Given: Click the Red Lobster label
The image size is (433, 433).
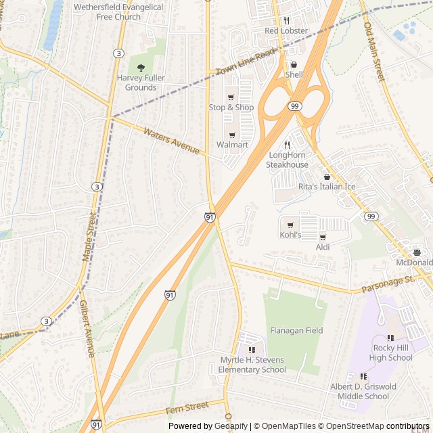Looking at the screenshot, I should point(286,31).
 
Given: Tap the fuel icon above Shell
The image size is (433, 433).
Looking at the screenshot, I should point(294,64).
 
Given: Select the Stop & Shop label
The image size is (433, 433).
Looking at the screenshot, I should point(231,108).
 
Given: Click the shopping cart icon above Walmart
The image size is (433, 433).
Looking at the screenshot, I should point(232,135).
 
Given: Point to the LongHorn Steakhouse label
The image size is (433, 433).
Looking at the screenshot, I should point(287,160).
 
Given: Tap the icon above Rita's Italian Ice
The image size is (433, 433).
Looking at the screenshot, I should point(327,177).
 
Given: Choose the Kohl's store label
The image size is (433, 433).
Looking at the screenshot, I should point(290,235).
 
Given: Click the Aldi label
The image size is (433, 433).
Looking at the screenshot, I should point(323,248).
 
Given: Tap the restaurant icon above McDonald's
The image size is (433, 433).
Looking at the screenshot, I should point(418,252).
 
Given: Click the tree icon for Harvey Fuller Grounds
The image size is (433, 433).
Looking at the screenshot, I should point(141,68).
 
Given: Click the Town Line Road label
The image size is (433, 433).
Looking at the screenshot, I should point(246,62).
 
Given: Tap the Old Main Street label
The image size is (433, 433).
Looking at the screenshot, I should point(374,53).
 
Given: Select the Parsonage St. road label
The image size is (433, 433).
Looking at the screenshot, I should point(387,282).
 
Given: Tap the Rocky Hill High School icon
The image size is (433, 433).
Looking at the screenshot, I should point(390,338).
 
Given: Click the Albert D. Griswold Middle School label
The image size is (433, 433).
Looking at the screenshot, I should point(363,391).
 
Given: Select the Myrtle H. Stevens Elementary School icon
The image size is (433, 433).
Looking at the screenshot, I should point(252,350).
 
